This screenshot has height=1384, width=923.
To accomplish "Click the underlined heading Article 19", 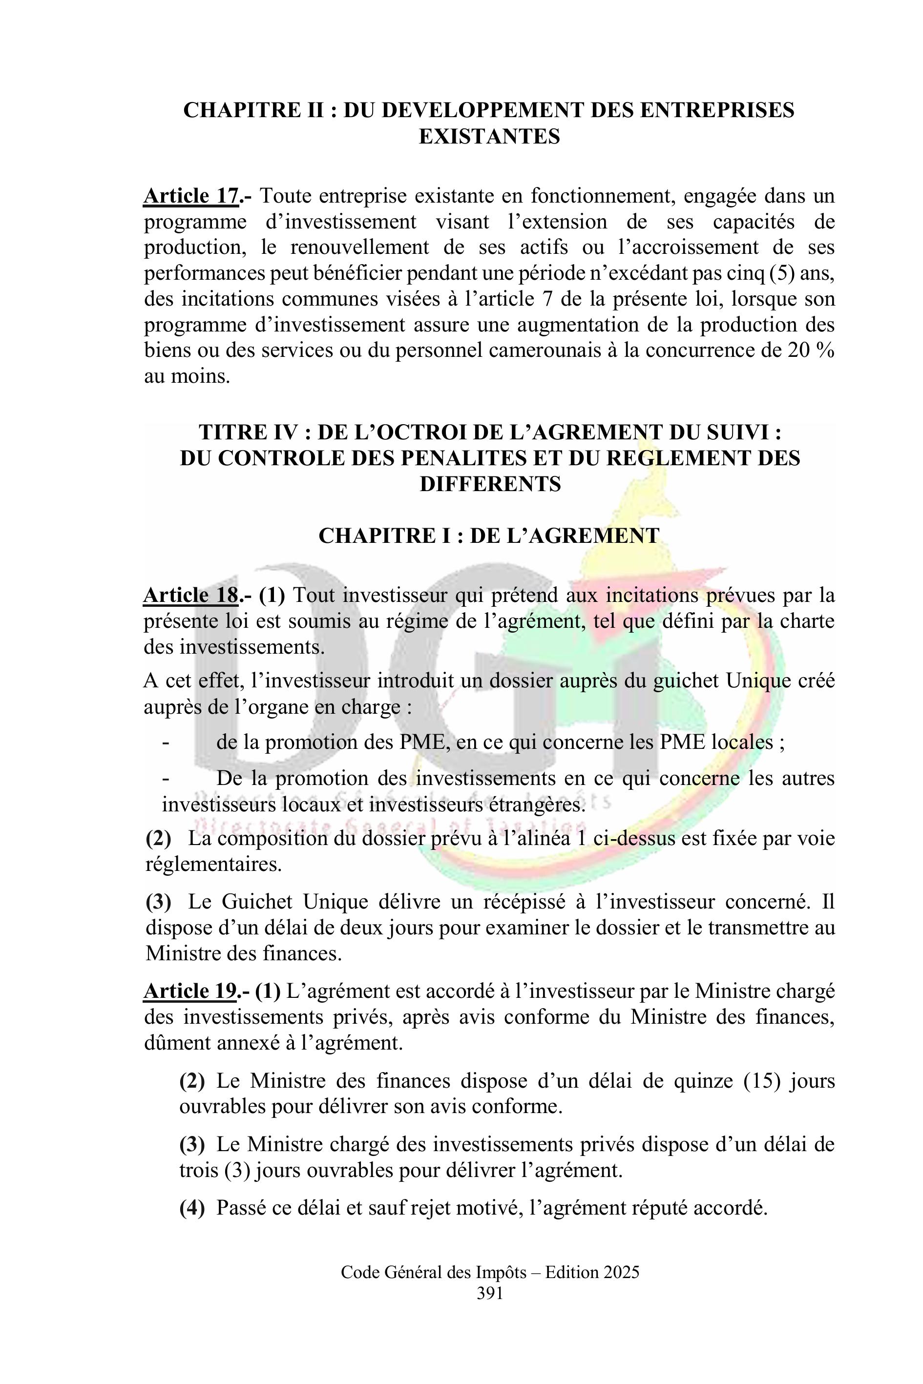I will point(190,992).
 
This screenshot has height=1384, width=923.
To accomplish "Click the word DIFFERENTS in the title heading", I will point(490,484).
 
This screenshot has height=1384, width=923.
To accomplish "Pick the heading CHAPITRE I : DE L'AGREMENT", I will point(488,536).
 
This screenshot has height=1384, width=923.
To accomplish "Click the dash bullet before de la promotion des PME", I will point(166,742).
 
